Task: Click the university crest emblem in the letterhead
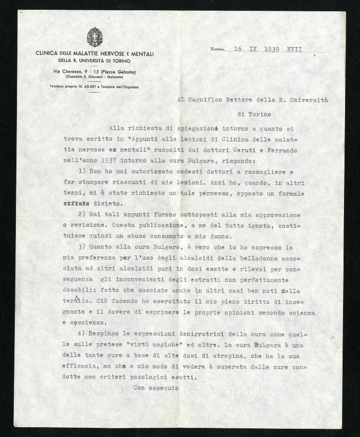click(x=95, y=37)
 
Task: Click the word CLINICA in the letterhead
click(x=46, y=53)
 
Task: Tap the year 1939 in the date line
click(x=274, y=49)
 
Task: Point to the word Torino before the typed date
click(x=218, y=50)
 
